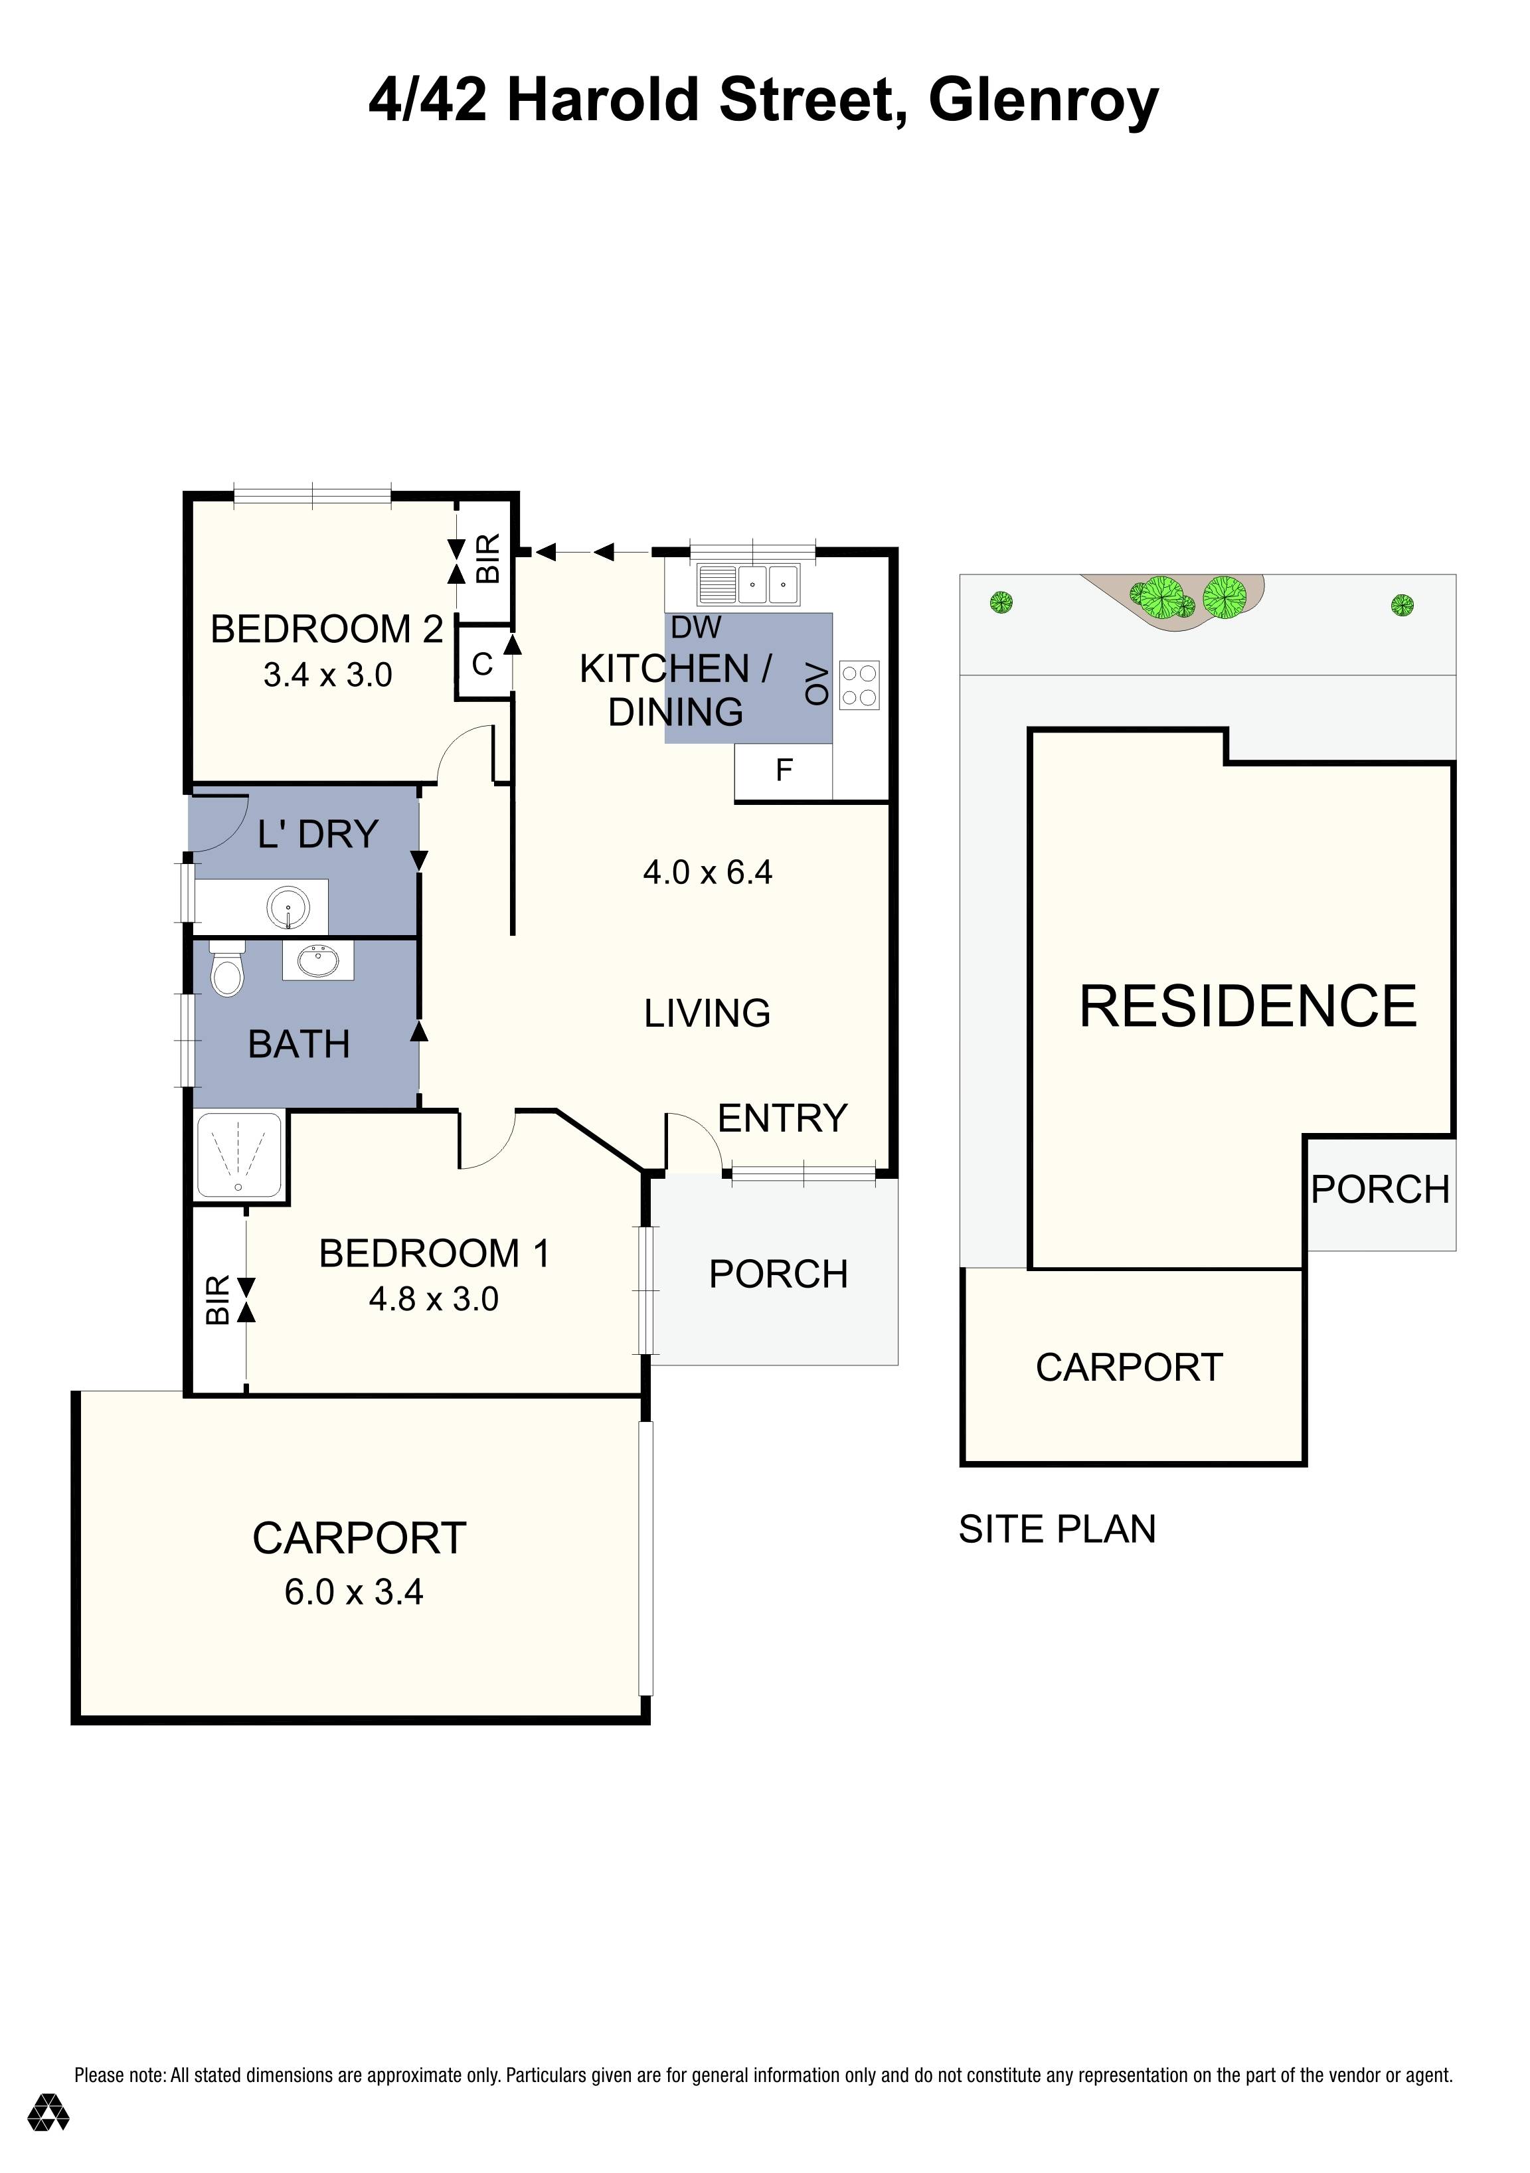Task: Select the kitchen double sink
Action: (748, 584)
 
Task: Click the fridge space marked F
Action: (784, 770)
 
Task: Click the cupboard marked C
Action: (483, 664)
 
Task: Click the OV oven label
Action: (817, 684)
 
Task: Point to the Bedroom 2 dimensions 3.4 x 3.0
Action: (327, 675)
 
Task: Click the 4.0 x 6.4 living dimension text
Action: (708, 872)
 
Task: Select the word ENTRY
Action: (782, 1118)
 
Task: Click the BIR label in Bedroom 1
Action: (218, 1300)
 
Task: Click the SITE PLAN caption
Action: (1057, 1529)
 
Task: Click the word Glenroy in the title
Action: (1044, 100)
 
